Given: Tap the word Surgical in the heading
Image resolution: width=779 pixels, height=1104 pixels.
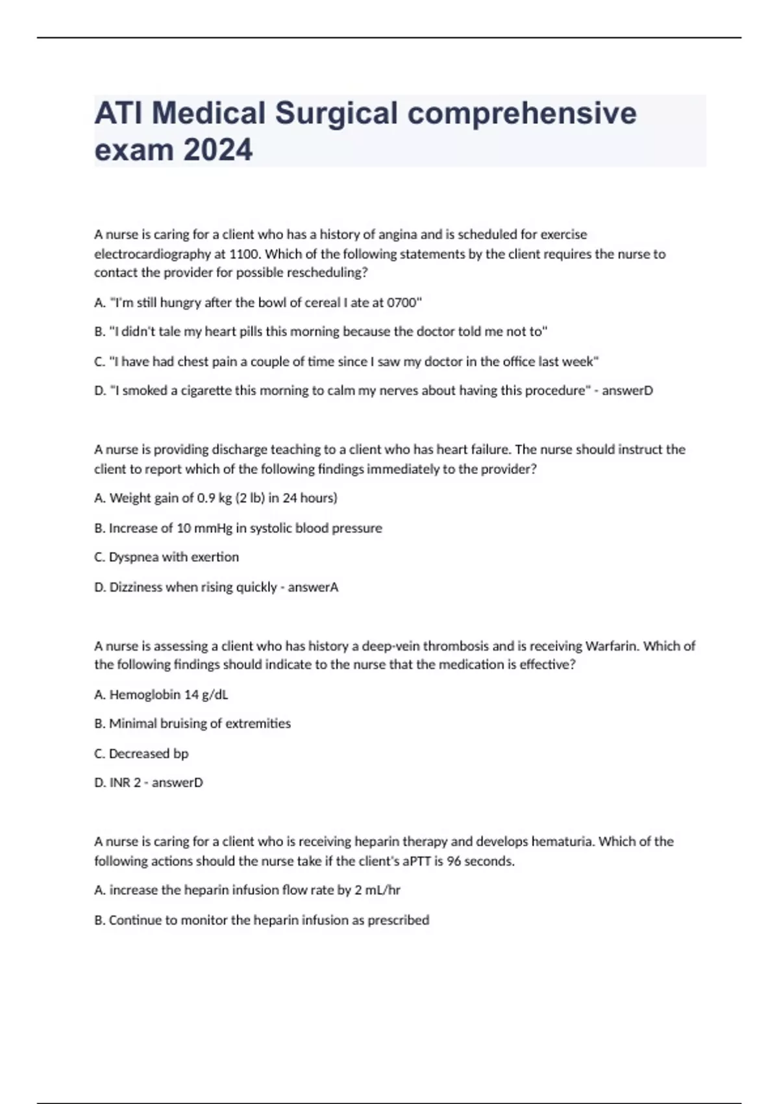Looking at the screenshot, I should [x=336, y=113].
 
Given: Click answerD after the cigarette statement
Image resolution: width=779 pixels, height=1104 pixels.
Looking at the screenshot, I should [x=627, y=390].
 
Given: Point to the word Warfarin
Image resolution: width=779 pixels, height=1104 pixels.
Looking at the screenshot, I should [x=612, y=646].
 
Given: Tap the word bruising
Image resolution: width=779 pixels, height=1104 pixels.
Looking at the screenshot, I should [x=175, y=723].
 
